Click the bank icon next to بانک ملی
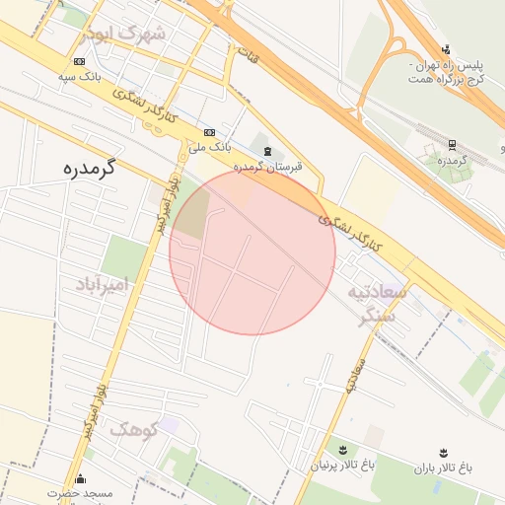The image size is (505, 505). pos(209,132)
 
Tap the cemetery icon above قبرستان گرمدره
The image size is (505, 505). pos(268,151)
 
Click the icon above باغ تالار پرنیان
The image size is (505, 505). pos(342,449)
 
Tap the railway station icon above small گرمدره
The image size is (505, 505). pos(452,145)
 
